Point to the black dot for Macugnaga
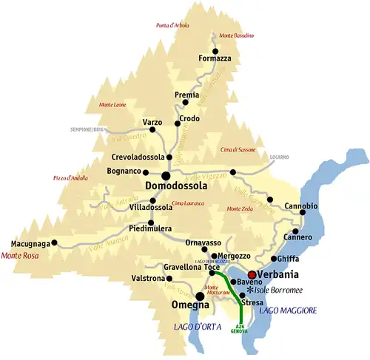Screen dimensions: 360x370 54,242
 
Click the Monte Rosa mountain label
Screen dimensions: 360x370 22,256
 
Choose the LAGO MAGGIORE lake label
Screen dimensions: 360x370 288,310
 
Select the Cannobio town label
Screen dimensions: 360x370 300,205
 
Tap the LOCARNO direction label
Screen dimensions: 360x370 279,157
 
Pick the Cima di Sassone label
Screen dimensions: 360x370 237,149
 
